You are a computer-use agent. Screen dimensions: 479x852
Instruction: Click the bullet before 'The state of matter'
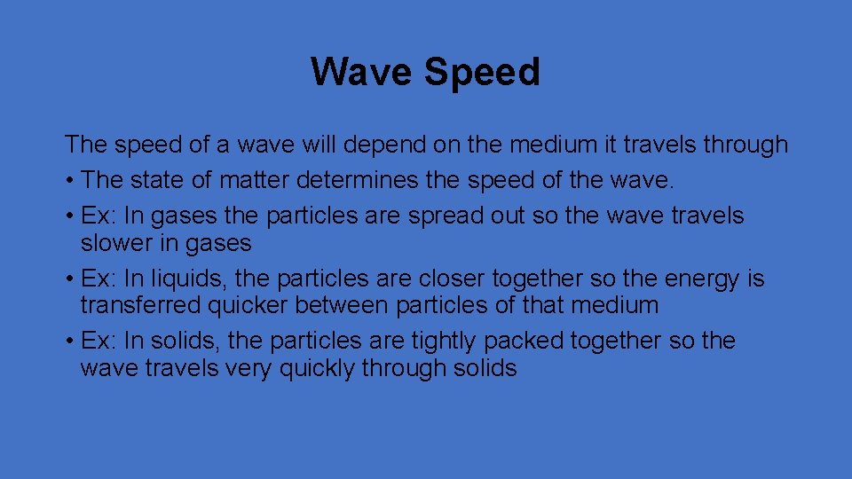(x=68, y=181)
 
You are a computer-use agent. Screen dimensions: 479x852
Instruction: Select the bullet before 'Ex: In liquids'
(x=68, y=279)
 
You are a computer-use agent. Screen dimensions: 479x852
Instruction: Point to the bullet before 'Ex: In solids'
(x=68, y=342)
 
